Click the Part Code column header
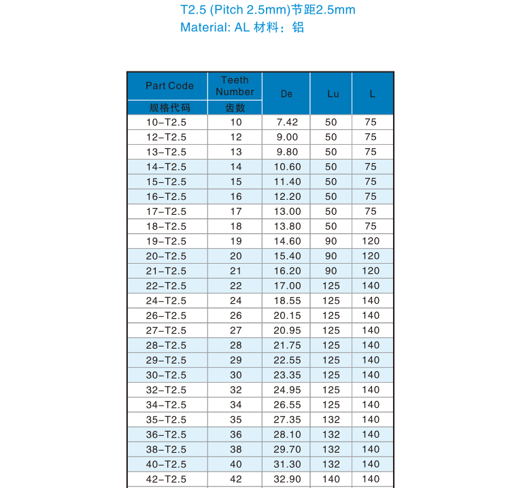(169, 86)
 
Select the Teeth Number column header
(235, 86)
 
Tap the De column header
(286, 94)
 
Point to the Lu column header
(332, 94)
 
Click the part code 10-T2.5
(166, 122)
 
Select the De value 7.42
(287, 122)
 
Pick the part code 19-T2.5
(166, 241)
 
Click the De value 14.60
(287, 241)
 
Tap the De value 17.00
(287, 285)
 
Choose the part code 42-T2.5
(166, 479)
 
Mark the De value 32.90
(287, 479)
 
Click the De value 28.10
(287, 434)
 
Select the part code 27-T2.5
(166, 330)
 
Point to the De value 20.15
(287, 315)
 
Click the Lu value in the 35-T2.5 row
(331, 419)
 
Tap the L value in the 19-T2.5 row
(371, 241)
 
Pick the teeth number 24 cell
(235, 300)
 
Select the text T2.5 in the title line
(194, 10)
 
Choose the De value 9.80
(287, 152)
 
